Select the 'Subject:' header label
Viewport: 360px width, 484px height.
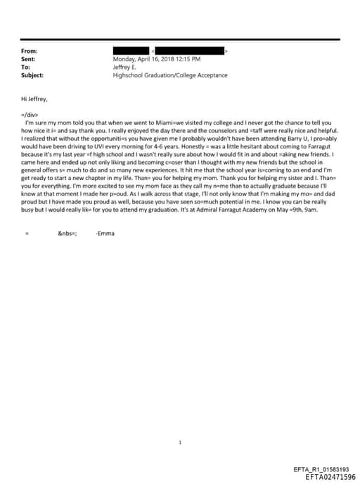[x=32, y=75]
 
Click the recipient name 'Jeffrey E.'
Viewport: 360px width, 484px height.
[x=126, y=67]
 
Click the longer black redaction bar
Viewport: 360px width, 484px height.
[x=189, y=51]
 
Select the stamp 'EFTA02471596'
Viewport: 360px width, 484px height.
[x=330, y=476]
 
